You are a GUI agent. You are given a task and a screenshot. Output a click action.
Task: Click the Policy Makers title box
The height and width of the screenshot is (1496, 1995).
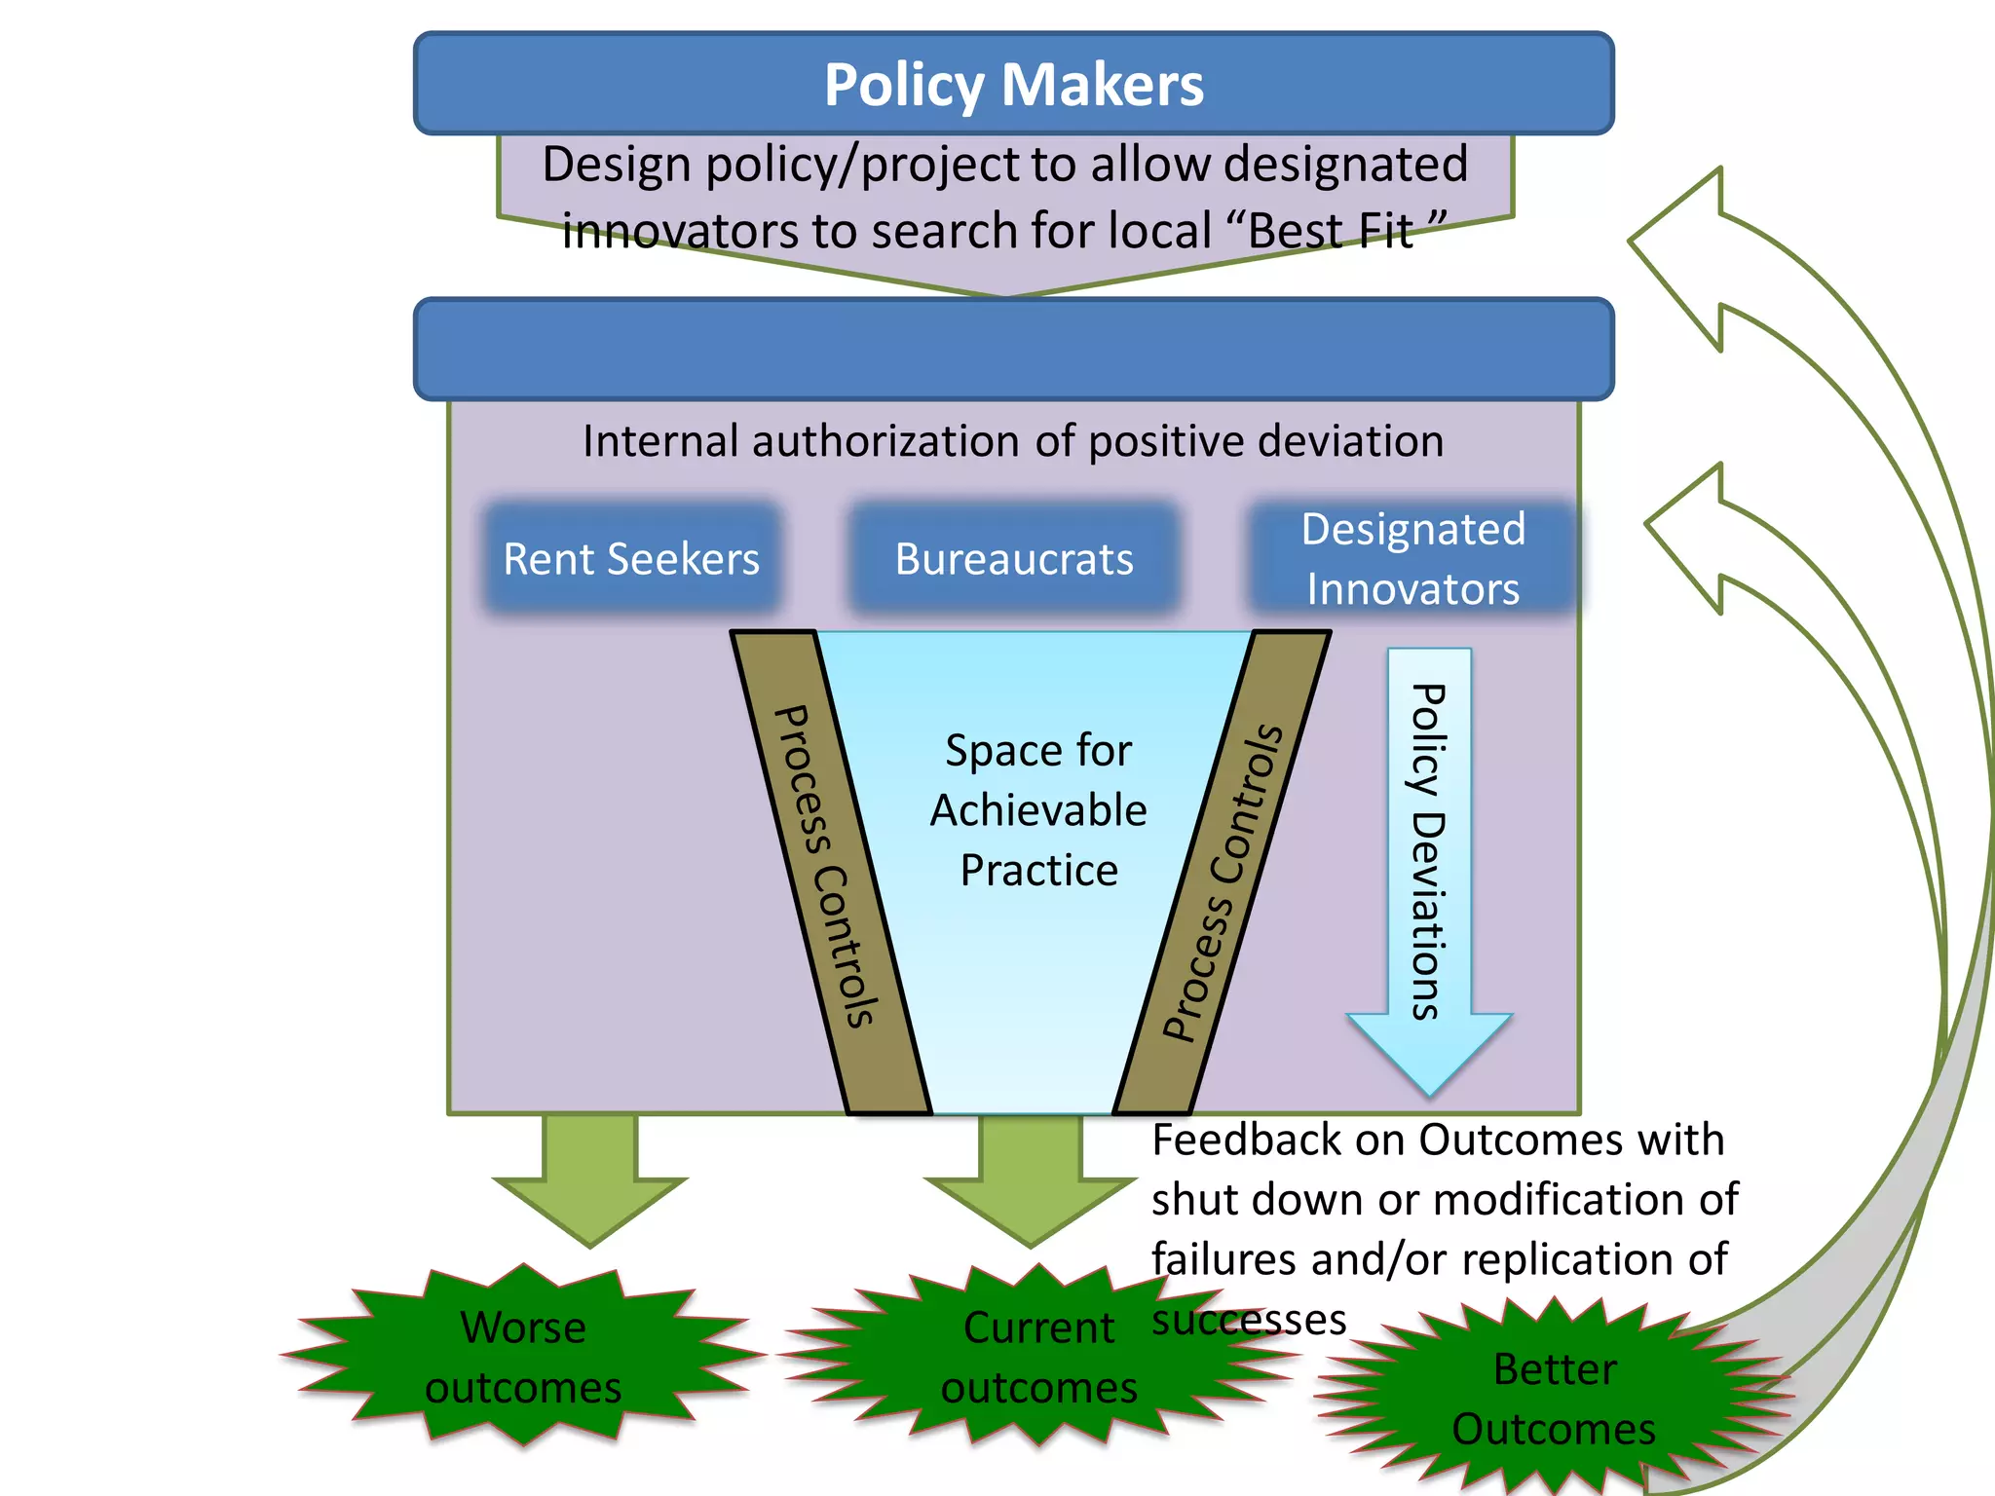1013,85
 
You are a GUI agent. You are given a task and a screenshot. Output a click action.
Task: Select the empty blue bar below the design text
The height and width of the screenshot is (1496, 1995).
1013,349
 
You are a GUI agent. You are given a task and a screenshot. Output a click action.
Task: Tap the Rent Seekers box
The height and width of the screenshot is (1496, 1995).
631,559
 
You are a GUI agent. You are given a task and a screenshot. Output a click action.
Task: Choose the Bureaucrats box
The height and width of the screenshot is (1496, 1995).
1013,559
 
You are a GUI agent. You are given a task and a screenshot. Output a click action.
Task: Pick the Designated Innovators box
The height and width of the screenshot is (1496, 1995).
1412,559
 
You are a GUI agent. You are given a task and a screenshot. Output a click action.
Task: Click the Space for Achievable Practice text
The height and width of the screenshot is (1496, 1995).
1038,810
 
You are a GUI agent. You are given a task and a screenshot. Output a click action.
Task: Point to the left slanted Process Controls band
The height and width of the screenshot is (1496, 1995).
828,867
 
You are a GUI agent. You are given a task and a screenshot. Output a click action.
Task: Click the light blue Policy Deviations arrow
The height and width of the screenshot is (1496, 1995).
1428,857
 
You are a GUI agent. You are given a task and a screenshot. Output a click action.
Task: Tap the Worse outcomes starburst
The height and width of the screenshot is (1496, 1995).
523,1356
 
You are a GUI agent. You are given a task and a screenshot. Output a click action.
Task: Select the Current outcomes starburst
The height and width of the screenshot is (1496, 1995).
1038,1356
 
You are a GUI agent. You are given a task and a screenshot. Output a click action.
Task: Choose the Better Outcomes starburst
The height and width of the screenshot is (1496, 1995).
1555,1399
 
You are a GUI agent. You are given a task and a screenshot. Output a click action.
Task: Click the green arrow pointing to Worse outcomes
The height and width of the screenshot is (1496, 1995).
589,1178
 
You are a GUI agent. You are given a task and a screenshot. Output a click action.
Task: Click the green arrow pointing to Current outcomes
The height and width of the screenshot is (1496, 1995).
1031,1178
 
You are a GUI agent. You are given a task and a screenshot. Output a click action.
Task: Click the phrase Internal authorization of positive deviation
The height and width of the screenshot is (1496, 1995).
1013,441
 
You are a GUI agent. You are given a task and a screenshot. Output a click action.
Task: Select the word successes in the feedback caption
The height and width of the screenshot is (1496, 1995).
1249,1321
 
